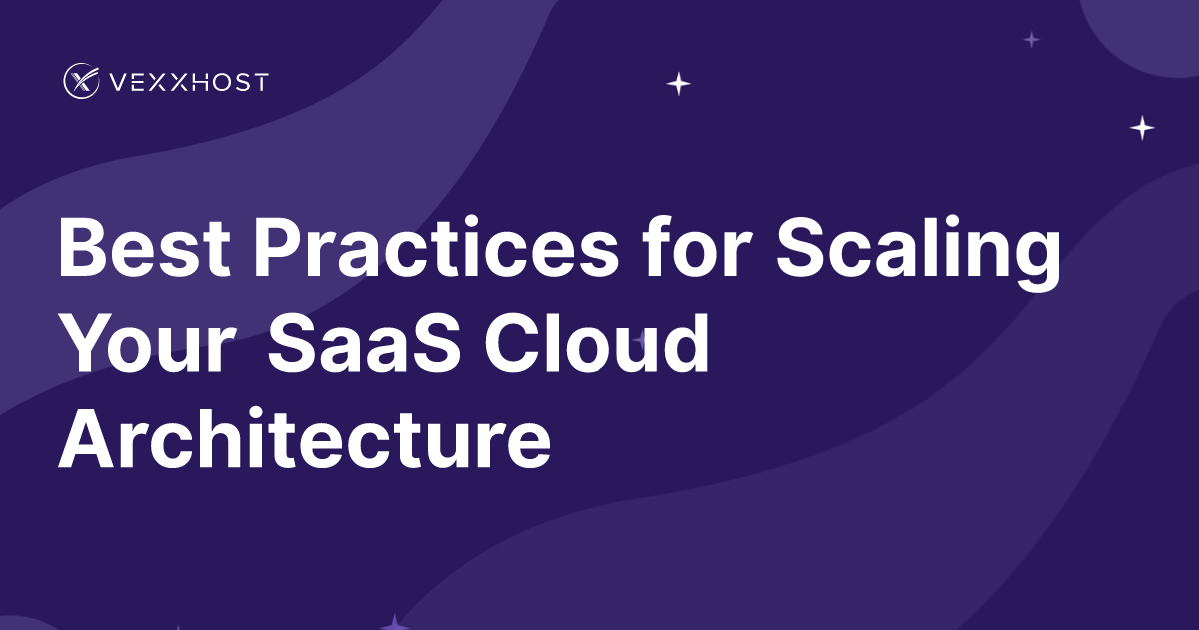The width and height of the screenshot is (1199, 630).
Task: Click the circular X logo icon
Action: click(x=81, y=81)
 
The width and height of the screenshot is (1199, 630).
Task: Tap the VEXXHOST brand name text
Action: click(x=187, y=82)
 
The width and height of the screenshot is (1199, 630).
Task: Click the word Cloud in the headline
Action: click(x=598, y=343)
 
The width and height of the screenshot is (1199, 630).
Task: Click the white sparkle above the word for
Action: click(x=679, y=84)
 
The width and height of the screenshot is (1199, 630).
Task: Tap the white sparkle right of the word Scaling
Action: click(x=1142, y=128)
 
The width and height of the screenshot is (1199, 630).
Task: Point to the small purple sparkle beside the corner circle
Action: click(x=1032, y=40)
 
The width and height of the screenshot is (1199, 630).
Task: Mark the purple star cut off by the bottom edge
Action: click(x=396, y=622)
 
